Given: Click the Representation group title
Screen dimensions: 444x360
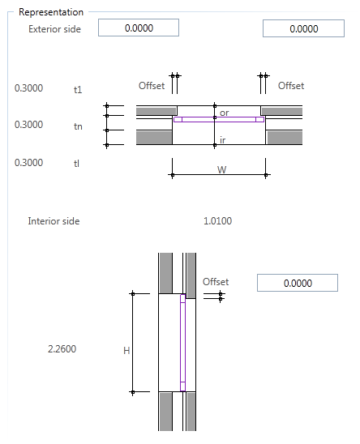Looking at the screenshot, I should pyautogui.click(x=50, y=13).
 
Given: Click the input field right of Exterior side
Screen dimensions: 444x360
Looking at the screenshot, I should pyautogui.click(x=139, y=28).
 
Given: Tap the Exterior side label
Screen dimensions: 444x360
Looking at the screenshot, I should pyautogui.click(x=54, y=29).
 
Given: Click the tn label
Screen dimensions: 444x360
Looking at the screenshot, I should pyautogui.click(x=78, y=126).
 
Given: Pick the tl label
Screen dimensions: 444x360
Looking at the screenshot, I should pyautogui.click(x=78, y=163).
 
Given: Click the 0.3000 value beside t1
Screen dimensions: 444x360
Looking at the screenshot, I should pyautogui.click(x=29, y=88).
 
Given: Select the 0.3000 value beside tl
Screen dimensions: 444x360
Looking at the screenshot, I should pyautogui.click(x=29, y=163).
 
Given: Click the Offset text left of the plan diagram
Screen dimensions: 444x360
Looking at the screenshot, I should pyautogui.click(x=152, y=85).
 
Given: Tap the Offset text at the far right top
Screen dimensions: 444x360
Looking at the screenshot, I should pyautogui.click(x=291, y=85).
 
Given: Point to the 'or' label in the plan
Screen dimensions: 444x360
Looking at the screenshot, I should pyautogui.click(x=225, y=113).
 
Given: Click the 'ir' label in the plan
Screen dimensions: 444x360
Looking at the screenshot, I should pyautogui.click(x=224, y=141).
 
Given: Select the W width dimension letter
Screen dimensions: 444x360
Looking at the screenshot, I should pyautogui.click(x=221, y=170).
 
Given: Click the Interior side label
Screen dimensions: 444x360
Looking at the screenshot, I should pyautogui.click(x=54, y=220).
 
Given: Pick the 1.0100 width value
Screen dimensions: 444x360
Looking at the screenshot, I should pyautogui.click(x=217, y=220).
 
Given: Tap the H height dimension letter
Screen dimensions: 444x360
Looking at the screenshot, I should pyautogui.click(x=126, y=350).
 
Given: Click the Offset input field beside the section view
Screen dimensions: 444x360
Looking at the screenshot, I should pyautogui.click(x=297, y=284).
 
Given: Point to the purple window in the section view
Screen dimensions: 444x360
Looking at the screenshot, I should pyautogui.click(x=182, y=344).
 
